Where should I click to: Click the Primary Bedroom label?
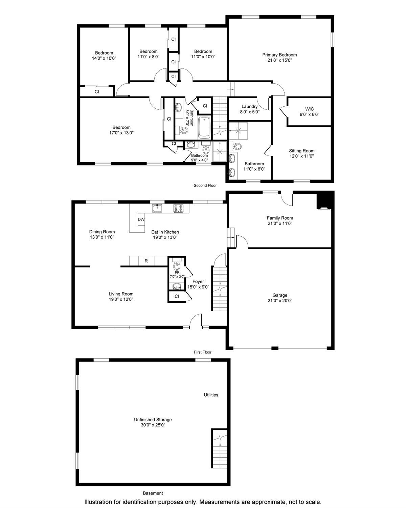click(x=279, y=55)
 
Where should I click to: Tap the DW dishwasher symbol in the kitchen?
click(x=141, y=219)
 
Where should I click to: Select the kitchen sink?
click(x=157, y=208)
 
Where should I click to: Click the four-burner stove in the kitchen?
click(x=178, y=208)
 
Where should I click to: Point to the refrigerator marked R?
click(x=146, y=261)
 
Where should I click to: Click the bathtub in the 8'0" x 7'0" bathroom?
click(x=204, y=128)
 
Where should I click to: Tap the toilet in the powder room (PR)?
click(x=177, y=264)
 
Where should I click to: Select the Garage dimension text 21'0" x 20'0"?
click(x=280, y=300)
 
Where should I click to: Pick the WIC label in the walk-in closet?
click(x=309, y=109)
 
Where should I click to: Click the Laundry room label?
click(x=249, y=106)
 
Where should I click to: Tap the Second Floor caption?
click(x=205, y=186)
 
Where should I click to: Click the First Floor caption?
click(x=202, y=352)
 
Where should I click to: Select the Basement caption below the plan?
click(x=153, y=493)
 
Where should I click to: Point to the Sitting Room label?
click(x=302, y=151)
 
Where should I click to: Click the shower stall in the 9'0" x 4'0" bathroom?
click(x=220, y=151)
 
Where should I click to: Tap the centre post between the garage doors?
click(x=275, y=348)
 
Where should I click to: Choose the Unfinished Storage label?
click(x=153, y=420)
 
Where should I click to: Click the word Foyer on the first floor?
click(x=198, y=281)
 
